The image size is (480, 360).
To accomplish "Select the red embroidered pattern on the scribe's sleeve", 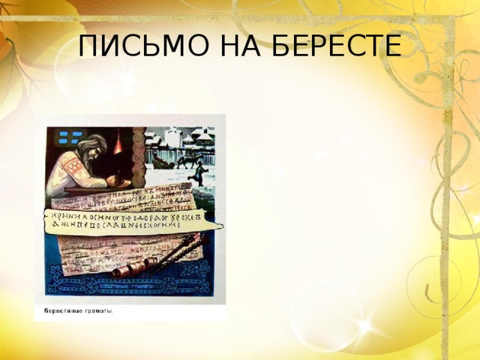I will pyautogui.click(x=73, y=166).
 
